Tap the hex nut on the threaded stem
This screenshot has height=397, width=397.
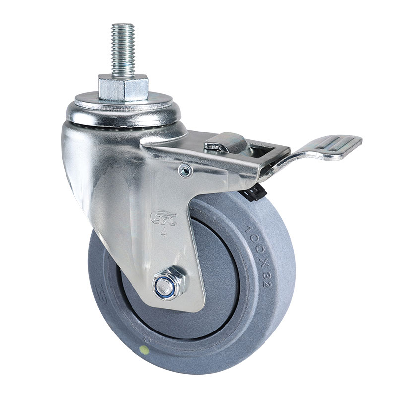[x=123, y=87]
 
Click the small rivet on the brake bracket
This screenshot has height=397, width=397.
[x=185, y=171]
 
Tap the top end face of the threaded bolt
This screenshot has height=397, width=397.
[x=123, y=25]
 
